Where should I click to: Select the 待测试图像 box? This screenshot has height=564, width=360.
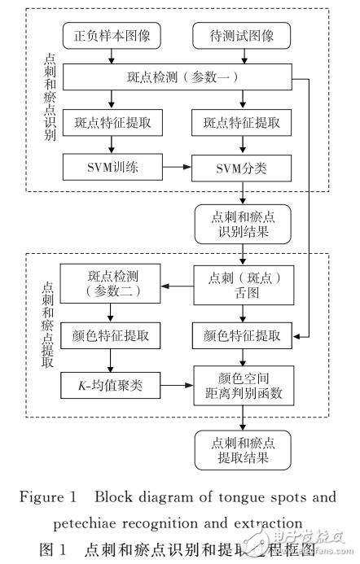coord(241,37)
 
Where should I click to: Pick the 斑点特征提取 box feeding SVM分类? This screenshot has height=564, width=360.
coord(242,124)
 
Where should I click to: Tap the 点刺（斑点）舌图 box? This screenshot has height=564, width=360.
coord(242,285)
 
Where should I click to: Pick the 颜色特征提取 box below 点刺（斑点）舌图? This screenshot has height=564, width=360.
coord(242,334)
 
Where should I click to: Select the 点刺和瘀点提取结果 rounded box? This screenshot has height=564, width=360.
coord(242,448)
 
